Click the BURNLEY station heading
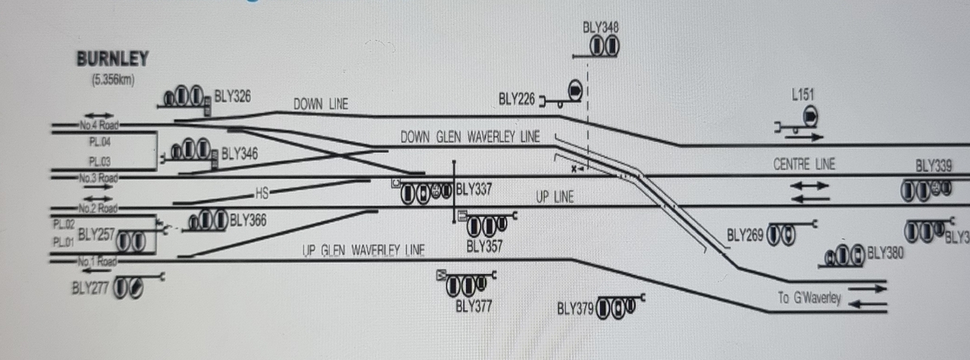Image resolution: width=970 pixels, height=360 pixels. click(113, 58)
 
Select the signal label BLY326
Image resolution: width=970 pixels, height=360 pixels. click(233, 96)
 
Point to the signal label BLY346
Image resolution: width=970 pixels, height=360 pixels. click(240, 153)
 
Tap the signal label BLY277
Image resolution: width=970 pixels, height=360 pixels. click(90, 288)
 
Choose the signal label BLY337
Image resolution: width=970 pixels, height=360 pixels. click(473, 191)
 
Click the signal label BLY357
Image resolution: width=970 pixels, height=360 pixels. click(485, 247)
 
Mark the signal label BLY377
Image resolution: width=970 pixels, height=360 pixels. click(473, 305)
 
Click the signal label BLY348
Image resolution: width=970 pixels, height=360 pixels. click(601, 28)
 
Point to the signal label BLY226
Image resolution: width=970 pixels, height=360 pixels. click(517, 98)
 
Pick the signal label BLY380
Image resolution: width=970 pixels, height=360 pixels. click(885, 253)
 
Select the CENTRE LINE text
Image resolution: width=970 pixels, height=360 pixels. click(803, 164)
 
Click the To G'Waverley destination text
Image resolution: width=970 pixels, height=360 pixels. click(809, 298)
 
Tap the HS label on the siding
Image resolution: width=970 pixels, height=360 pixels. click(262, 193)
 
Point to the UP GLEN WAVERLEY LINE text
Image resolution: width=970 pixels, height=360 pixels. click(364, 251)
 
